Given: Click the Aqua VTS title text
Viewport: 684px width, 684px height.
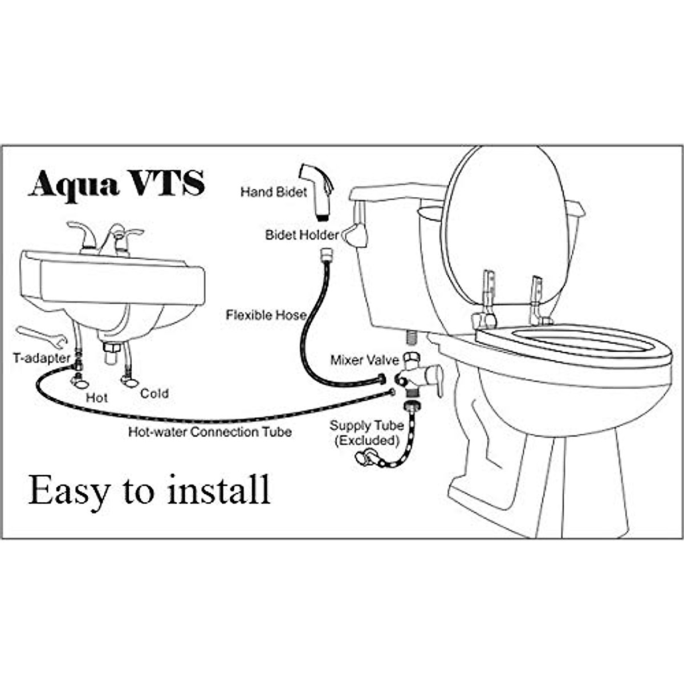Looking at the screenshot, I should tap(116, 184).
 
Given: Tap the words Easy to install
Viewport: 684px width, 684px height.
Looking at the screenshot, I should tap(149, 490).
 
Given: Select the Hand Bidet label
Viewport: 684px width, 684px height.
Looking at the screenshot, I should tap(274, 192).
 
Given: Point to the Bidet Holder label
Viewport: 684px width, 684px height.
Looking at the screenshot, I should tap(302, 235).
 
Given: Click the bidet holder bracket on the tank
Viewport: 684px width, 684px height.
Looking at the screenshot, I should tap(357, 234).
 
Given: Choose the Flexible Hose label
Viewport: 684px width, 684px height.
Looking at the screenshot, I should tap(266, 315).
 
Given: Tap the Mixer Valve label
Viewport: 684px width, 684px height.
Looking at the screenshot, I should tap(365, 360).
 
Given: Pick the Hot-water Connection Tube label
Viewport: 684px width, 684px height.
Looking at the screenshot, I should tap(210, 432).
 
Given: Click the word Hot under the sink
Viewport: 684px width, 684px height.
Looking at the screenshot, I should tap(96, 397).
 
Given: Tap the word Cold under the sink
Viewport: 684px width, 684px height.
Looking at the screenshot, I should tap(154, 393).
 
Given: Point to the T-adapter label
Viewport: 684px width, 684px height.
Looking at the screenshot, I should tap(42, 358).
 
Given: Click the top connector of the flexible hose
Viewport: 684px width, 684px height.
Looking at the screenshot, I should tap(327, 254).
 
